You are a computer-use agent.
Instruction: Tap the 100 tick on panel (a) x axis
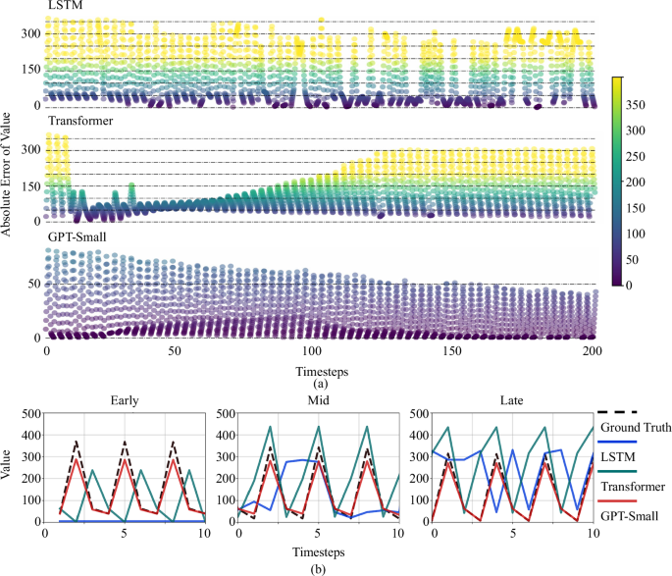(313, 350)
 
